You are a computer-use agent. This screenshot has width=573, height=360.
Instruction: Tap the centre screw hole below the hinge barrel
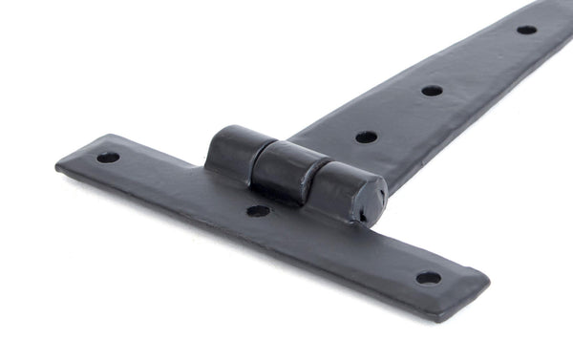[258, 210]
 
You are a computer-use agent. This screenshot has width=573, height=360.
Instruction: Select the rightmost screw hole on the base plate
[428, 278]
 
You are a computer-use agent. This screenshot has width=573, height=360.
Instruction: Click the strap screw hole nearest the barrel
[366, 138]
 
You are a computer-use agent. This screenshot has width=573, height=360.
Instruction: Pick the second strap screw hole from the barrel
[432, 91]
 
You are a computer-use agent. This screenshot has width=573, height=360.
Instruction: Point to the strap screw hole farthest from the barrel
[526, 30]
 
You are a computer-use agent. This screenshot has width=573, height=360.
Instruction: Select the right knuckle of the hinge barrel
[339, 188]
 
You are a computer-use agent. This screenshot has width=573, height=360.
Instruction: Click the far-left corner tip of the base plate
[57, 167]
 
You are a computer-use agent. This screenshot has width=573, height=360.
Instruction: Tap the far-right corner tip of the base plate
[488, 281]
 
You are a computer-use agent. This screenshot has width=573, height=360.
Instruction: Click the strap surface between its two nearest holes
[399, 114]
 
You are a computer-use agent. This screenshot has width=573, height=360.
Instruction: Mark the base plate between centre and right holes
[344, 244]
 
